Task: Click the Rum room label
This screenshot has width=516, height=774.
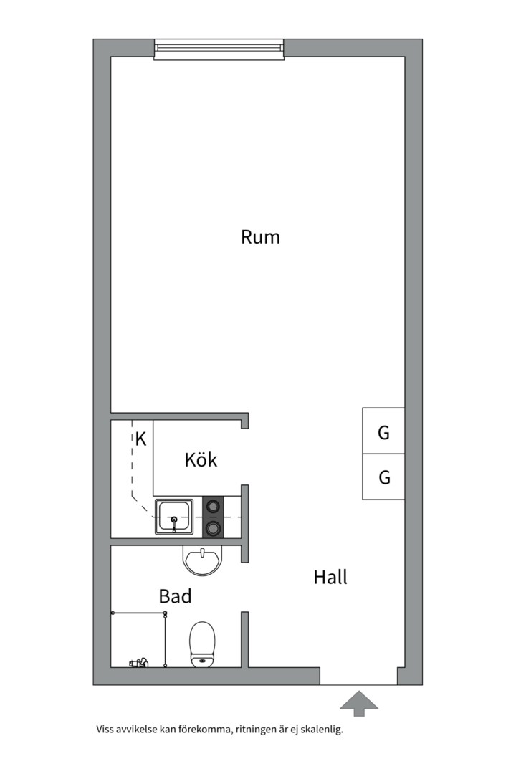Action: coord(260,237)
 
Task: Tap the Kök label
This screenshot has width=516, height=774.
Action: coord(201,459)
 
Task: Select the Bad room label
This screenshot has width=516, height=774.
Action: coord(176,596)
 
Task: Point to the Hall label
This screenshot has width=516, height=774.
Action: coord(330,577)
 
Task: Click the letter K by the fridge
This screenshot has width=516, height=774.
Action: coord(140,439)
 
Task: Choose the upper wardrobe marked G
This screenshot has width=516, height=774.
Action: coord(383,431)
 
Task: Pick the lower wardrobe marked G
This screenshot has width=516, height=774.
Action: coord(383,477)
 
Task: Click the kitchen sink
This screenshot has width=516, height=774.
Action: coord(174,516)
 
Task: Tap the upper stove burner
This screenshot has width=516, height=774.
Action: coord(214,507)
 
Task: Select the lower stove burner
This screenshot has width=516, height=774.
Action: coord(214,527)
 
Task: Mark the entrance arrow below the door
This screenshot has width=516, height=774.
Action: coord(359,704)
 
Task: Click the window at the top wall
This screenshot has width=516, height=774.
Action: coord(219,49)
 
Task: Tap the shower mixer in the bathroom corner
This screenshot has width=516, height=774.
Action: coord(138,662)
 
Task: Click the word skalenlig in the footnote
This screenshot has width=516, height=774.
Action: coord(322,730)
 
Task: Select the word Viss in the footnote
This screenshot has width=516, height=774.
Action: coord(105,729)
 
